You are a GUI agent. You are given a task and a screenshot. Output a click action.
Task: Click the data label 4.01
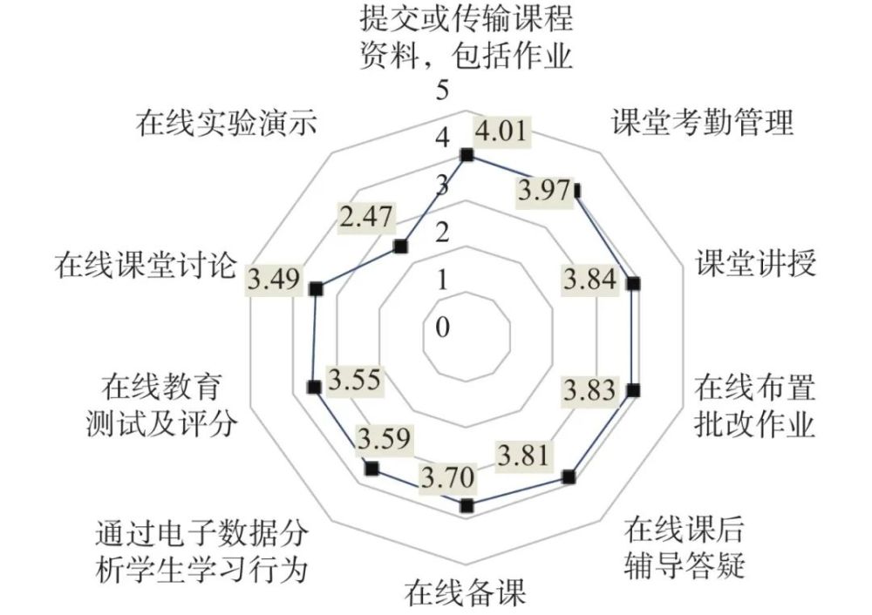click(x=502, y=132)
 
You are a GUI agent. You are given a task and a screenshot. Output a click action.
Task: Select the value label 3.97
click(x=544, y=191)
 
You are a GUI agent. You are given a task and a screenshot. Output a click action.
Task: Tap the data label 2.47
click(x=366, y=217)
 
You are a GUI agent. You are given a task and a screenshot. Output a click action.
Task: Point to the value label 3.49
click(x=274, y=279)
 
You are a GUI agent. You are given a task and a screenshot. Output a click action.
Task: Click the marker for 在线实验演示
click(x=400, y=247)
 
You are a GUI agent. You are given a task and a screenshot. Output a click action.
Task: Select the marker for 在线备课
click(x=467, y=505)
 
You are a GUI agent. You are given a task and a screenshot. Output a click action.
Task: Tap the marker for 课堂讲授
click(x=633, y=284)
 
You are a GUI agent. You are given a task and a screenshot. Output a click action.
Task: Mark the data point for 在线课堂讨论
click(x=317, y=288)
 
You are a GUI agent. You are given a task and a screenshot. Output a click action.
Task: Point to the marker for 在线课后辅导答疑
click(x=569, y=476)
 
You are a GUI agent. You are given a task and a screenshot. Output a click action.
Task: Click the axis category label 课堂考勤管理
click(x=702, y=122)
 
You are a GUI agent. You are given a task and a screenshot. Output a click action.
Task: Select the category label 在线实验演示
click(x=227, y=123)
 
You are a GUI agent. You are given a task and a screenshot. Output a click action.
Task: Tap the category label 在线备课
click(x=465, y=592)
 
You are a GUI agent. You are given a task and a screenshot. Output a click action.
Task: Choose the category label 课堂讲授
click(x=756, y=263)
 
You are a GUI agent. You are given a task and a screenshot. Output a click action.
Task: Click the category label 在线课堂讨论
click(x=146, y=265)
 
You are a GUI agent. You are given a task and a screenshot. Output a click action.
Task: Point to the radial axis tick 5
click(x=442, y=91)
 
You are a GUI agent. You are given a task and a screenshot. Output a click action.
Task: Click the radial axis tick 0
click(x=442, y=328)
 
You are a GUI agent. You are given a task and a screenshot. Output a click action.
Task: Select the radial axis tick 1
click(x=442, y=280)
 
